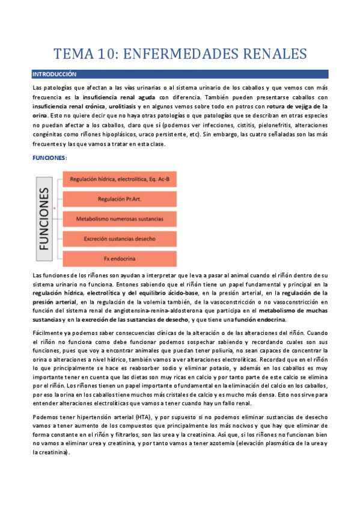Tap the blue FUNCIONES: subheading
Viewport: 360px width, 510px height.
49,157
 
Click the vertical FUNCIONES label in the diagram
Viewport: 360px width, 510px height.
45,217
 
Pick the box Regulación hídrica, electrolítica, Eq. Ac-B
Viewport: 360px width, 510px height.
119,179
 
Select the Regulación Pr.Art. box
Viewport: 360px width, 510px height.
119,199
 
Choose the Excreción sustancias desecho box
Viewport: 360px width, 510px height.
119,239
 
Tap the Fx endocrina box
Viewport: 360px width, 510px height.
119,259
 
